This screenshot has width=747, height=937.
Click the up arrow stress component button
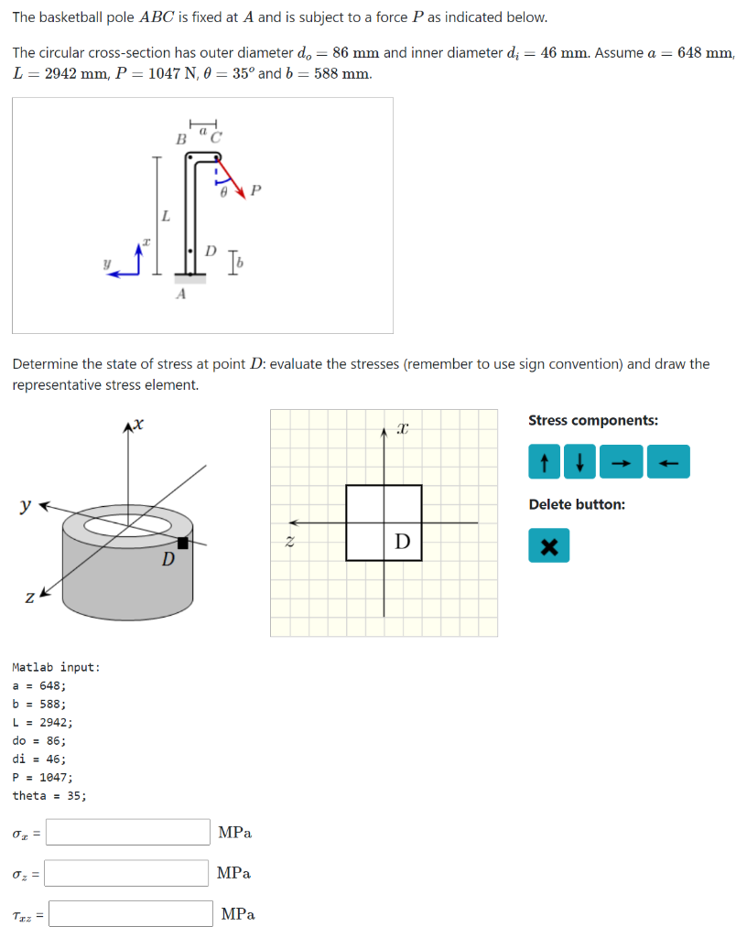point(545,462)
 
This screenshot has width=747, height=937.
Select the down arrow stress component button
point(579,462)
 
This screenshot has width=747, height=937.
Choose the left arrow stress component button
point(668,462)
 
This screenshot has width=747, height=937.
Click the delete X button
point(548,548)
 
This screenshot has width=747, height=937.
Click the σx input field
point(128,832)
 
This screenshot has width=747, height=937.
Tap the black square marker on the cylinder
point(182,544)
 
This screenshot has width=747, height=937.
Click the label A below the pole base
point(180,294)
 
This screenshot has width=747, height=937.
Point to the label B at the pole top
point(180,139)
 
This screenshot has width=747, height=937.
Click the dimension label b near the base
point(240,264)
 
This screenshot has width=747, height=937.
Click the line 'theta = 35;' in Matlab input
point(49,795)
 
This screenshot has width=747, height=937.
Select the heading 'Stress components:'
point(592,421)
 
